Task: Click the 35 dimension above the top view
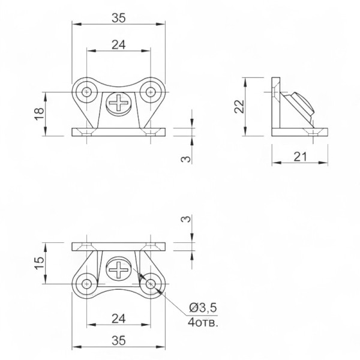pos(119,18)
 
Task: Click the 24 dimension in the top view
pos(118,45)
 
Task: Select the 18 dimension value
pos(39,114)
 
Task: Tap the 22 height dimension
pos(239,107)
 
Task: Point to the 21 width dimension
pos(301,157)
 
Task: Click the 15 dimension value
pos(39,263)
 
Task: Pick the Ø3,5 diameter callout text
pos(203,308)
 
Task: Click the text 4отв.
pos(203,323)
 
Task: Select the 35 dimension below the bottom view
pos(119,340)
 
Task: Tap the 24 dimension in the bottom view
pos(118,319)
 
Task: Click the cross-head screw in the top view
pos(119,103)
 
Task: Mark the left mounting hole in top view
pos(86,92)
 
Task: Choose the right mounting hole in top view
pos(151,92)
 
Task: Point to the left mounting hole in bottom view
pos(86,284)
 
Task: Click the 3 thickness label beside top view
pos(186,159)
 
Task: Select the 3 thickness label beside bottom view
pos(186,219)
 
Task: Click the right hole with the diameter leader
pos(151,284)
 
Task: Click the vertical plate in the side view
pos(276,103)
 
